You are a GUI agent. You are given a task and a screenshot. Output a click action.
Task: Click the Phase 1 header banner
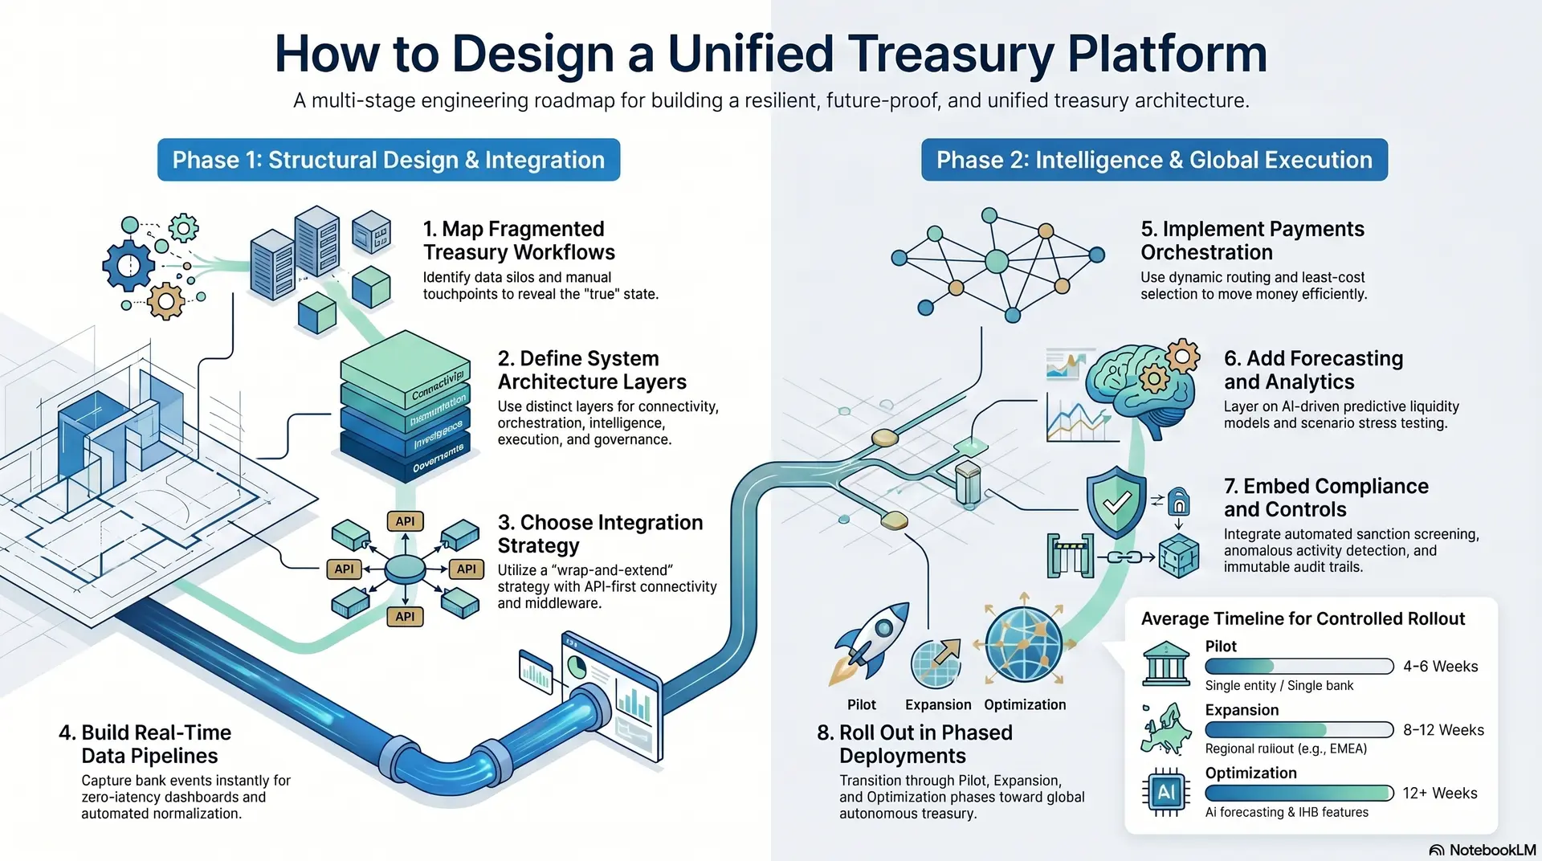(x=389, y=160)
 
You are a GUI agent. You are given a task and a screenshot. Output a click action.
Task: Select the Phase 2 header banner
(x=1154, y=160)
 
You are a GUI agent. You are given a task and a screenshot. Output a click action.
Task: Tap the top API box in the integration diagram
(x=405, y=521)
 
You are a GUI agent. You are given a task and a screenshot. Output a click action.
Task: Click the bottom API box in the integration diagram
(x=405, y=616)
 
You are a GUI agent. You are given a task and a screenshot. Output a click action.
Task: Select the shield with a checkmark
(x=1116, y=502)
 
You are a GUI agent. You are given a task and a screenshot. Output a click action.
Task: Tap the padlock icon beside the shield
(x=1178, y=501)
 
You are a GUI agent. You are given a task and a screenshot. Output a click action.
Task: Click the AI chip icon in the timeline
(x=1165, y=792)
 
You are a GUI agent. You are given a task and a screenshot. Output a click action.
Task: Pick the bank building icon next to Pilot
(x=1166, y=663)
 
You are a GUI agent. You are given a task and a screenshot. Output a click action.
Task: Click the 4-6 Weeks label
(x=1441, y=666)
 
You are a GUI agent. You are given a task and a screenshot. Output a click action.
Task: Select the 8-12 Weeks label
(x=1443, y=729)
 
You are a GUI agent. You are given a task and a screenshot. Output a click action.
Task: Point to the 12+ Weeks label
(x=1440, y=793)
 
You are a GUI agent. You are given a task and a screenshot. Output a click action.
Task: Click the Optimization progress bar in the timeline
(x=1299, y=793)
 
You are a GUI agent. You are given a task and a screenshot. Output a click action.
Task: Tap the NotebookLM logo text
(x=1492, y=850)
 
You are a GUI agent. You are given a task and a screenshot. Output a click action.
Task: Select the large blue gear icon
(x=128, y=265)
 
